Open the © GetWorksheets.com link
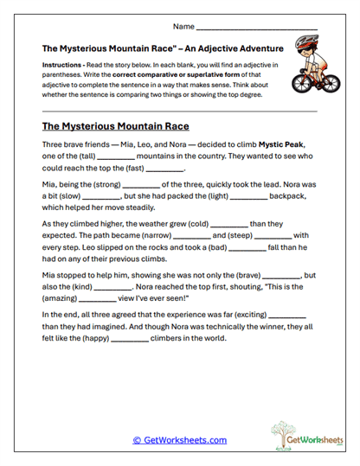pos(179,440)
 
